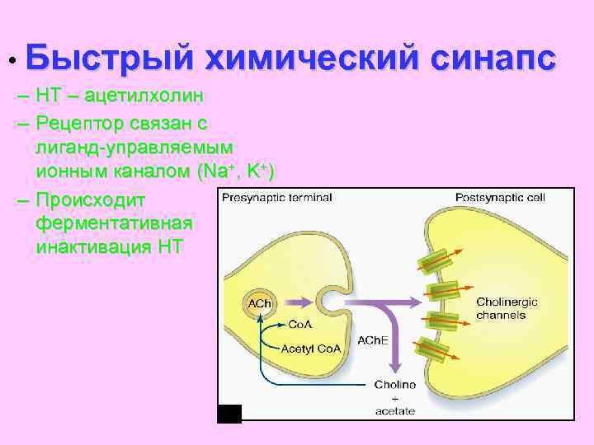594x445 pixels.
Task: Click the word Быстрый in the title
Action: (109, 60)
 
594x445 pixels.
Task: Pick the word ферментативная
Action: (115, 223)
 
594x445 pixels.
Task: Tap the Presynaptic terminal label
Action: (277, 198)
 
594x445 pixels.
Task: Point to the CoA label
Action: (299, 325)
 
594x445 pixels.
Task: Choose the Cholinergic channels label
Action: (507, 308)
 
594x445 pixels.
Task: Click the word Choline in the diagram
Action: (395, 385)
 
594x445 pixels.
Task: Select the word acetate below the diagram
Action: (395, 410)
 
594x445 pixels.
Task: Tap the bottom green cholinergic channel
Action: (433, 350)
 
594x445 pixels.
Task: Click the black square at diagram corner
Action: (229, 414)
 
